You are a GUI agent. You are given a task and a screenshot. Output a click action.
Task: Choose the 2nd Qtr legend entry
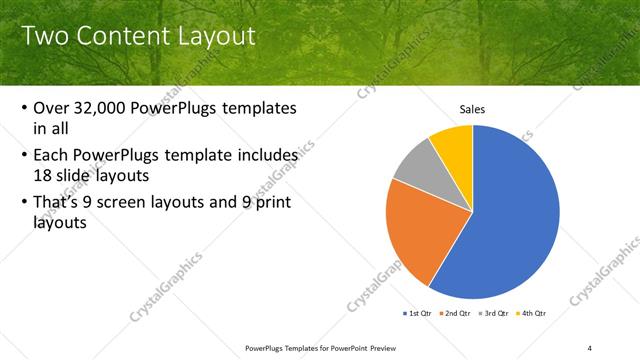click(x=457, y=313)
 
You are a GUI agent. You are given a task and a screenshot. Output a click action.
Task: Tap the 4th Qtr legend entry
click(x=534, y=313)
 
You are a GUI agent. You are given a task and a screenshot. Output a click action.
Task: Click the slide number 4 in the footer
click(x=590, y=347)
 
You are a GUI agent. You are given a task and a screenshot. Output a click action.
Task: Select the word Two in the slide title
click(x=46, y=37)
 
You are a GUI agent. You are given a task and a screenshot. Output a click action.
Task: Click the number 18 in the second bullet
click(x=43, y=175)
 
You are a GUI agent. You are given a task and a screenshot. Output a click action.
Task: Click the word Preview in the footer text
click(x=390, y=347)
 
